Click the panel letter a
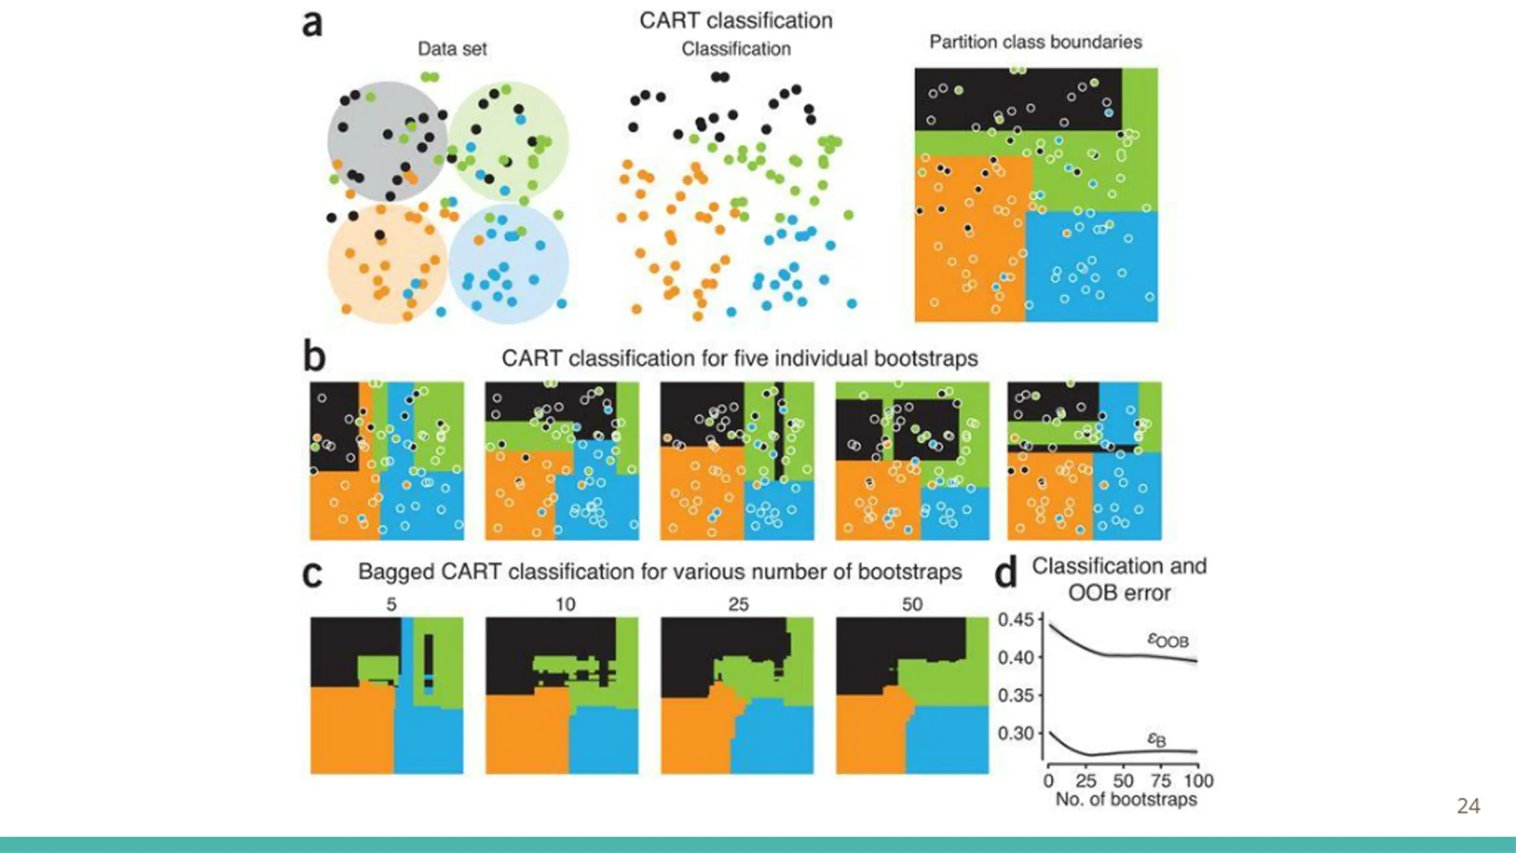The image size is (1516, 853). [x=312, y=25]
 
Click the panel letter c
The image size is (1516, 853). [x=313, y=574]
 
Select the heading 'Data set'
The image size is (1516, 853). [x=452, y=49]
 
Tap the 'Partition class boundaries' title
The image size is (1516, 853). [x=1035, y=42]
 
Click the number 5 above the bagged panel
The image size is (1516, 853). [x=391, y=604]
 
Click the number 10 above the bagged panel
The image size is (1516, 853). [x=565, y=604]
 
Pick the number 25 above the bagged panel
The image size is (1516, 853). [x=738, y=604]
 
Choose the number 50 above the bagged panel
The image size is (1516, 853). [x=912, y=604]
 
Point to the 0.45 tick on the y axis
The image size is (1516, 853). [x=1015, y=620]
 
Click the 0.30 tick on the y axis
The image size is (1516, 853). [x=1015, y=733]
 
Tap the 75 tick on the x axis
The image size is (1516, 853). [x=1161, y=780]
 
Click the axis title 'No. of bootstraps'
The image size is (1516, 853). [x=1126, y=799]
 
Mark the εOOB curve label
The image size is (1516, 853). [x=1168, y=640]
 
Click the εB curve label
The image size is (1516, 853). [x=1156, y=739]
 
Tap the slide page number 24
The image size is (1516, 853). [x=1468, y=806]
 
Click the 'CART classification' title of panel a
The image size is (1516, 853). [x=735, y=21]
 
